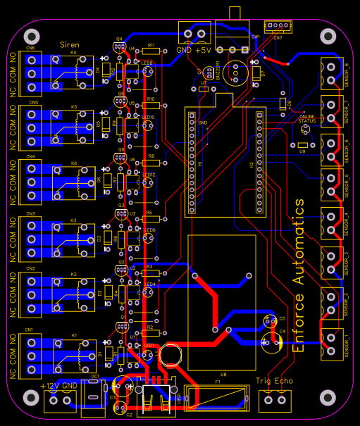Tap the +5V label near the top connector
[203, 51]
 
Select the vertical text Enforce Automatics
[299, 275]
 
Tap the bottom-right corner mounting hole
[328, 397]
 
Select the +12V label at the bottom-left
[50, 386]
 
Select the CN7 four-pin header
[280, 27]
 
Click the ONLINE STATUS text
[307, 118]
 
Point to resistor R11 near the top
[150, 51]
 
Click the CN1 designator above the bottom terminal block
[30, 330]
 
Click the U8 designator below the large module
[223, 374]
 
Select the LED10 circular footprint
[148, 126]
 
